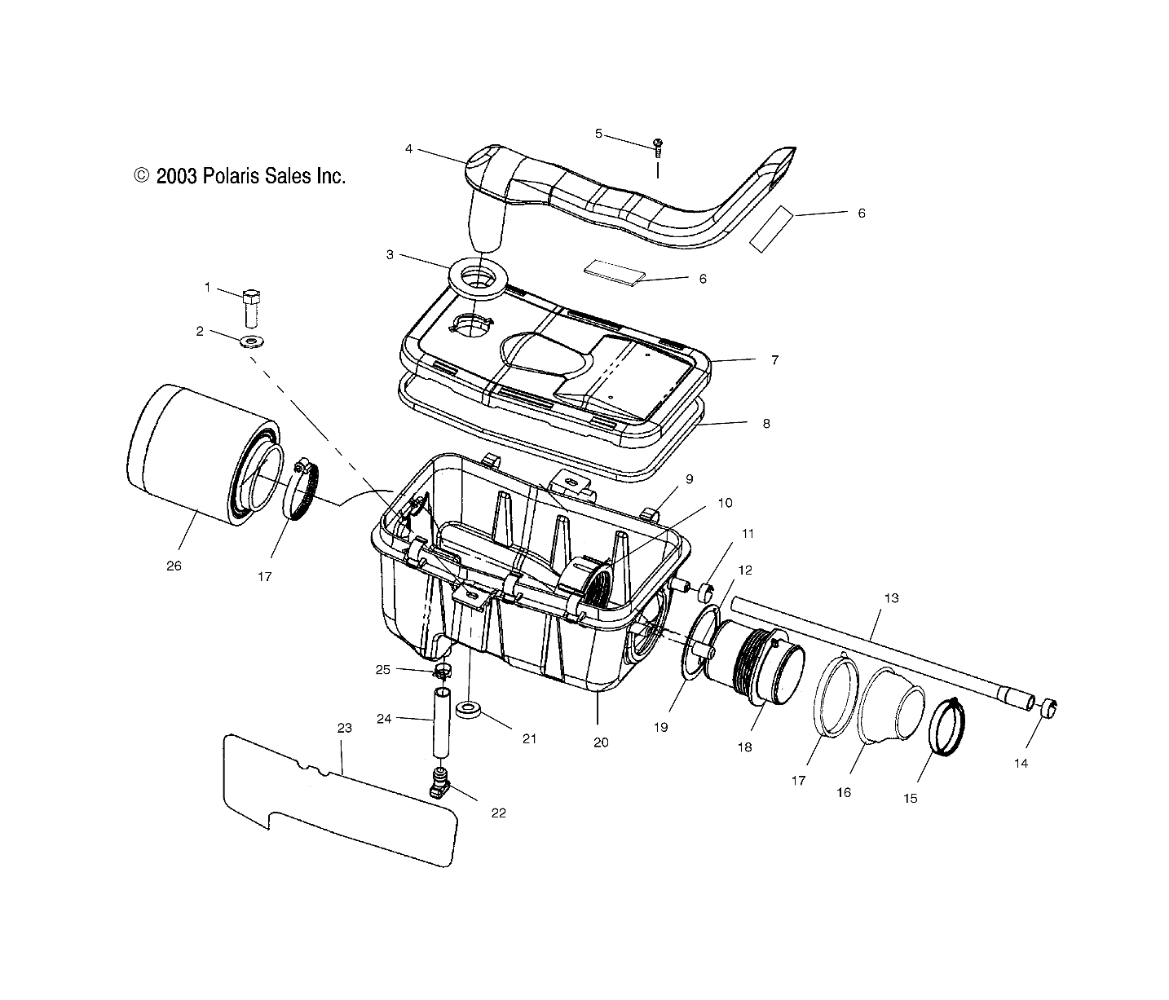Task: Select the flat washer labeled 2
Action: point(253,340)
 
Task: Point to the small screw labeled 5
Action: point(658,148)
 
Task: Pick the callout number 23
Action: point(344,728)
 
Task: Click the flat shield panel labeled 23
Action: point(342,803)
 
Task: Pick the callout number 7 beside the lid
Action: point(774,359)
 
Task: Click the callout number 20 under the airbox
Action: point(601,742)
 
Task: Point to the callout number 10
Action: point(725,503)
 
